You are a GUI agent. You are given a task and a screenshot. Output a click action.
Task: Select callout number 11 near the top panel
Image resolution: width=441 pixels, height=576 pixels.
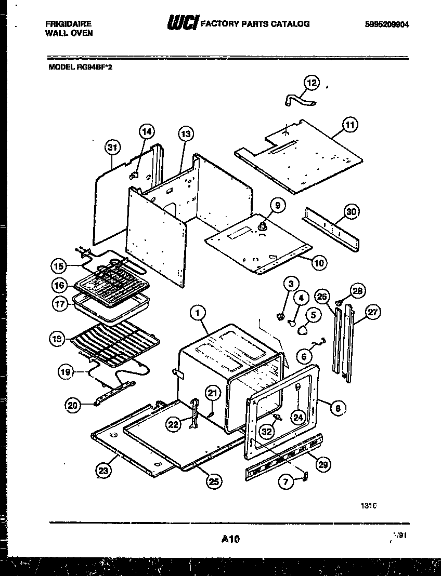[351, 125]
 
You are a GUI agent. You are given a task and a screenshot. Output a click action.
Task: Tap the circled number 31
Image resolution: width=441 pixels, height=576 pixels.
[111, 148]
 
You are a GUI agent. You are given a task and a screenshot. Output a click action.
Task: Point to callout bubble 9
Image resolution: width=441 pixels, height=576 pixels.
[277, 206]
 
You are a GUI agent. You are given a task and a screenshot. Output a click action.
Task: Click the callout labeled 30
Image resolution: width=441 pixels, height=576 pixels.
[352, 211]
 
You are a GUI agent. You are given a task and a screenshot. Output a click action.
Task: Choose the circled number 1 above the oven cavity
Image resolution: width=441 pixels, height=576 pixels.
[197, 313]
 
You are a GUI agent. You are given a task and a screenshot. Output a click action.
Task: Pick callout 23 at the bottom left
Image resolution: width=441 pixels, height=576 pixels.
[103, 471]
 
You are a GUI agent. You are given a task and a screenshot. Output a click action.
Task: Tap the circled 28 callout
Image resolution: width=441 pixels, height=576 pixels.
[357, 290]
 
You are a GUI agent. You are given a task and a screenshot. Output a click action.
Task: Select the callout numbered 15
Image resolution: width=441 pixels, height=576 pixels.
[59, 266]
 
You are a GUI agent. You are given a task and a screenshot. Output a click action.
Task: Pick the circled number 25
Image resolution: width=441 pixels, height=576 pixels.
[212, 482]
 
